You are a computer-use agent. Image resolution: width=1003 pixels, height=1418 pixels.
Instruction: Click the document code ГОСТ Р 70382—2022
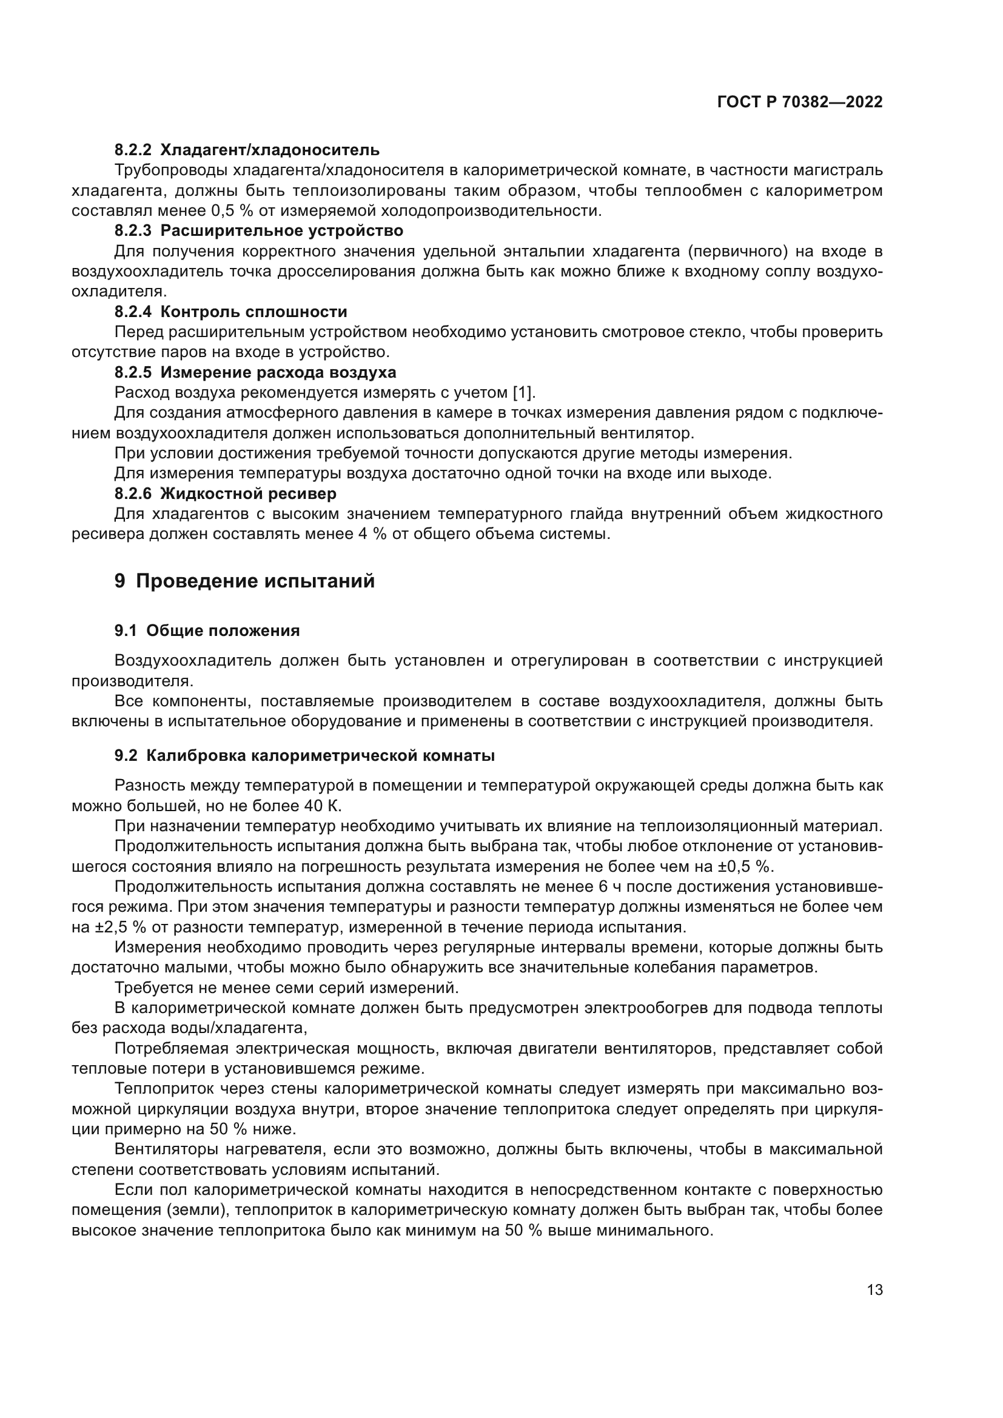[800, 102]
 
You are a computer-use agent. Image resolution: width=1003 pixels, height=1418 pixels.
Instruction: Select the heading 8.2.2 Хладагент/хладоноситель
[246, 150]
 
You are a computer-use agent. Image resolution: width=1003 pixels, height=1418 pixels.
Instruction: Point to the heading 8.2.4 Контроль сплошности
[230, 311]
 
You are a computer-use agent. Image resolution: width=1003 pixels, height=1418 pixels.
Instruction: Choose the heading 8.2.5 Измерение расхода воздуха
[255, 372]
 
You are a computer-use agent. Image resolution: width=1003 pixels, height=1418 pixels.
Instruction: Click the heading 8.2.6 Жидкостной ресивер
[226, 493]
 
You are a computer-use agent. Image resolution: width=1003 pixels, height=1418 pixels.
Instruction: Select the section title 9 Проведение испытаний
[244, 581]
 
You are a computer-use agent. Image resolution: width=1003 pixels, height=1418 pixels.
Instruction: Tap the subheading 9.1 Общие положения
[207, 630]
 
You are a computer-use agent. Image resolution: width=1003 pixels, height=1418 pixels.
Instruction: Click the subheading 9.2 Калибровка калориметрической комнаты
[304, 756]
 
